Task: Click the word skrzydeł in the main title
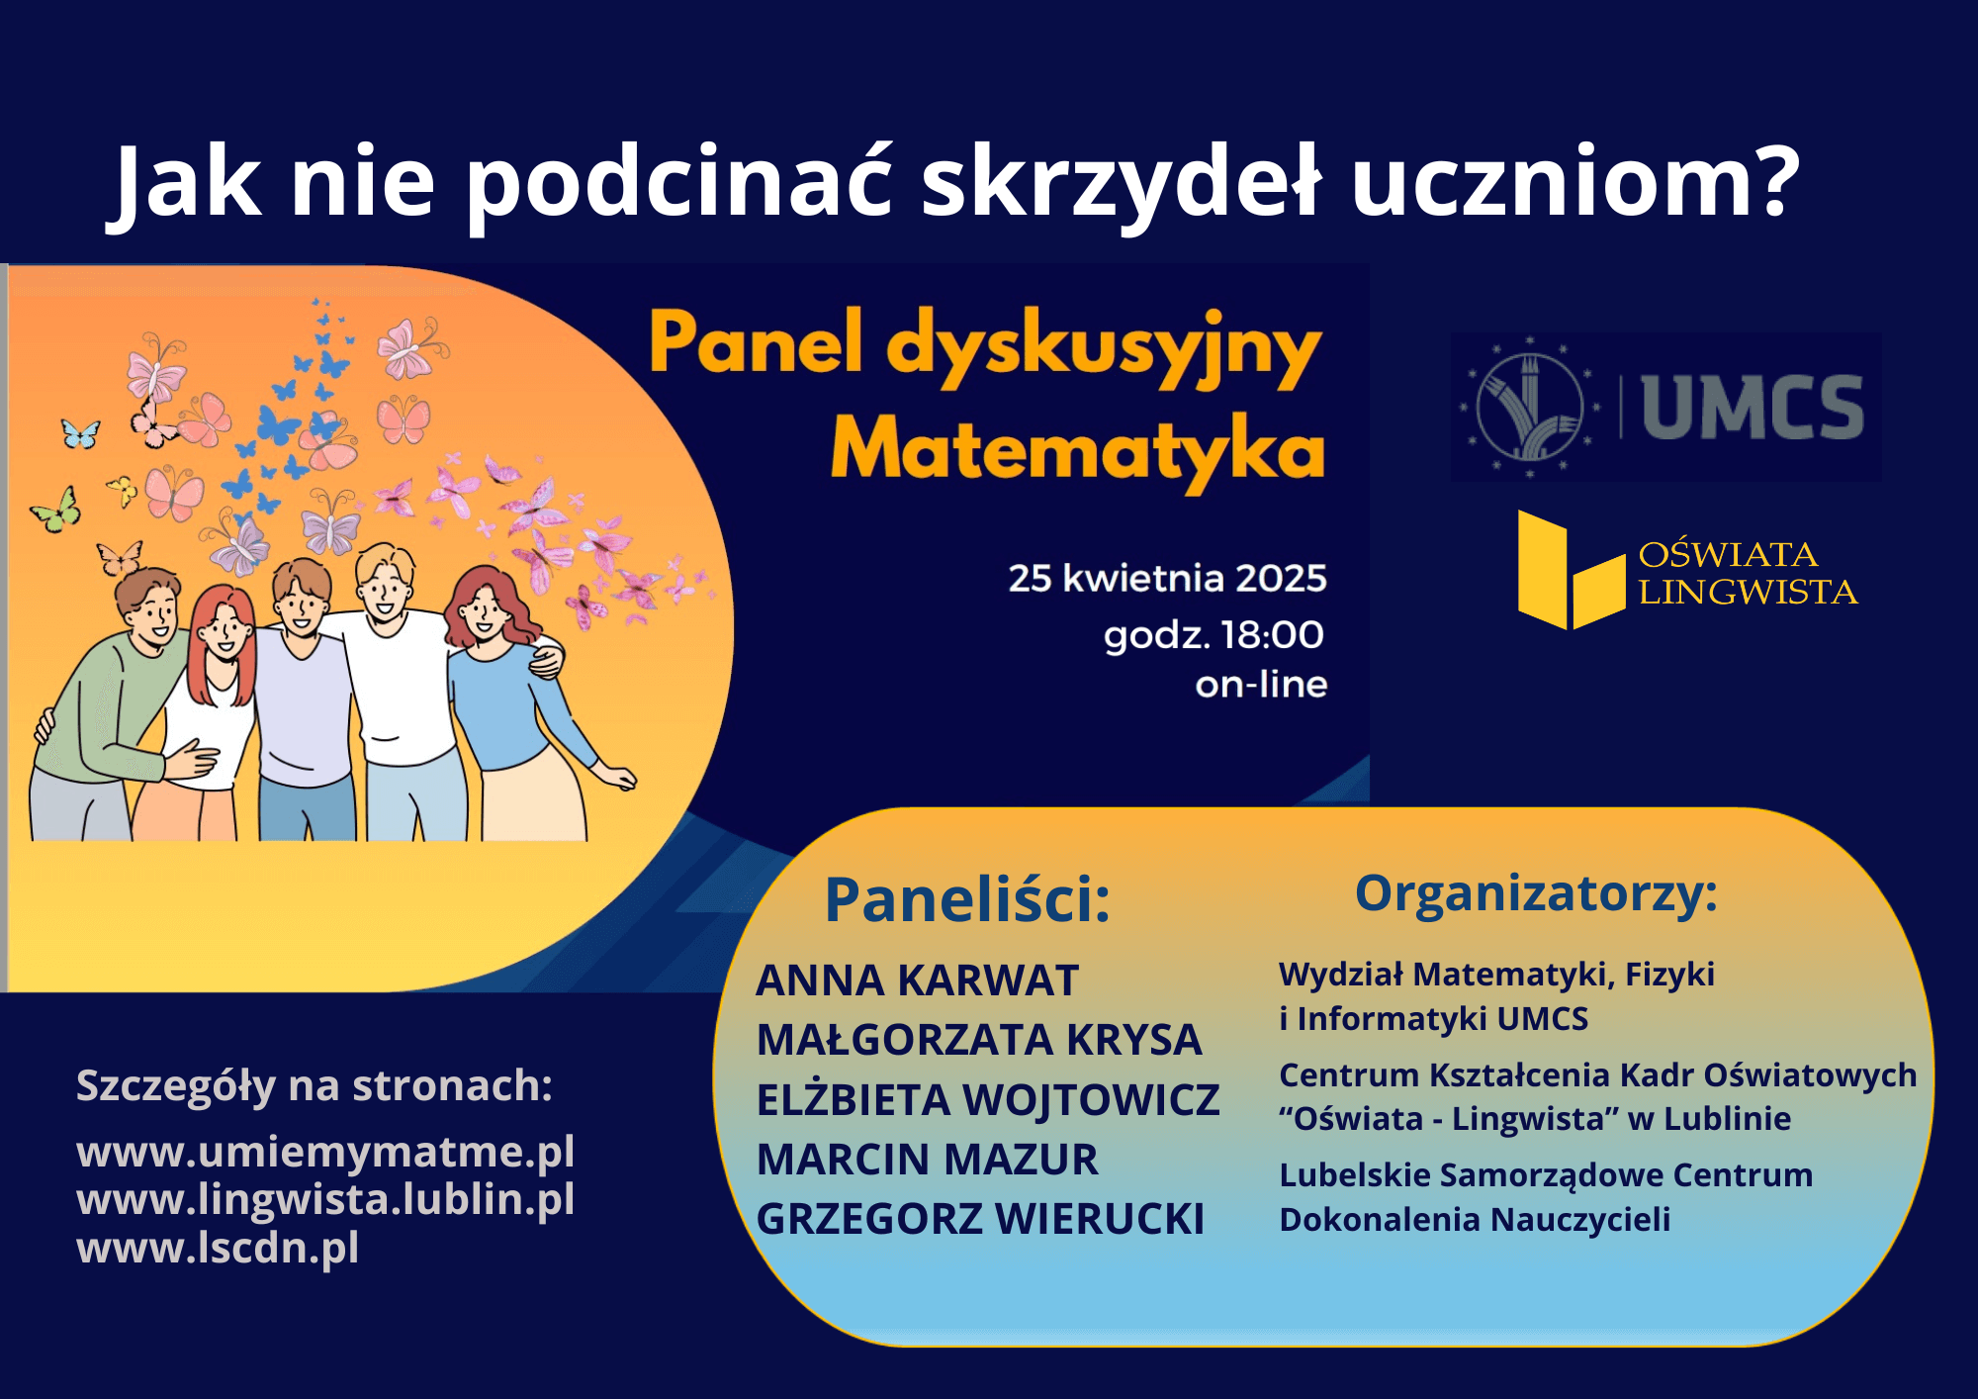pyautogui.click(x=1121, y=183)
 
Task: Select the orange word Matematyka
pyautogui.click(x=1077, y=452)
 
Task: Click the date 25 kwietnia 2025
pyautogui.click(x=1167, y=578)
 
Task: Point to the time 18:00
pyautogui.click(x=1272, y=634)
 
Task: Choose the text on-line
pyautogui.click(x=1261, y=684)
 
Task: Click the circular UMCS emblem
pyautogui.click(x=1530, y=407)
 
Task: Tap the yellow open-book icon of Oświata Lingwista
pyautogui.click(x=1572, y=570)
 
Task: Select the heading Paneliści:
pyautogui.click(x=967, y=899)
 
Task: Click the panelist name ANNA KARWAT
pyautogui.click(x=917, y=980)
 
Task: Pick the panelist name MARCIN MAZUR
pyautogui.click(x=927, y=1160)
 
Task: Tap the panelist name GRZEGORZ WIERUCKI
pyautogui.click(x=980, y=1219)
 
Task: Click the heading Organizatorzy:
pyautogui.click(x=1536, y=893)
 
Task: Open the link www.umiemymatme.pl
pyautogui.click(x=325, y=1151)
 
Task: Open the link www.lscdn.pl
pyautogui.click(x=218, y=1247)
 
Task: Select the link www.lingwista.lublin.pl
pyautogui.click(x=325, y=1198)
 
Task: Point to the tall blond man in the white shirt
pyautogui.click(x=396, y=693)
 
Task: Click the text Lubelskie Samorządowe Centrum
pyautogui.click(x=1546, y=1175)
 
